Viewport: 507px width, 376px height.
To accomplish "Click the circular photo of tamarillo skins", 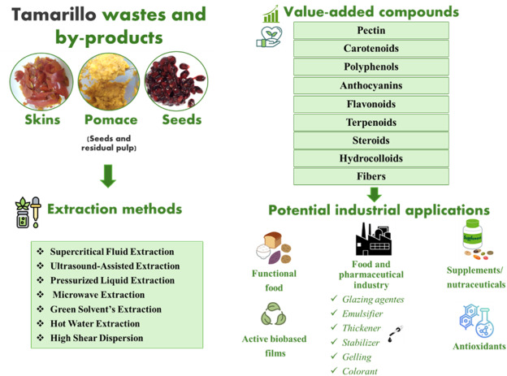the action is [x=41, y=81].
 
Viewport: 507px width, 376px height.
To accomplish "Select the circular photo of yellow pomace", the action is [x=109, y=81].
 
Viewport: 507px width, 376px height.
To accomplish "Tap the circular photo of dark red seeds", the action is [x=176, y=81].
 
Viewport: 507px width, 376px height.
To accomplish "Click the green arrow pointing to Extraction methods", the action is [x=108, y=176].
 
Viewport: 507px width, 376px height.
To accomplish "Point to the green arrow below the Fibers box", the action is [x=374, y=195].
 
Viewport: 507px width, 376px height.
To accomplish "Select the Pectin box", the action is [x=371, y=30].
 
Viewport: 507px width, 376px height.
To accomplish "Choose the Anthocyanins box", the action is [x=371, y=85].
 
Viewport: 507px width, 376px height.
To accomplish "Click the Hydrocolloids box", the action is [x=371, y=158].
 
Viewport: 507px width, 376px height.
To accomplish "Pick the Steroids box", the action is [x=371, y=140].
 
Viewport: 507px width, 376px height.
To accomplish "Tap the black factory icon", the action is [x=374, y=239].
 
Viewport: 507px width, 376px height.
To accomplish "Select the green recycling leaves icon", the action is [x=274, y=313].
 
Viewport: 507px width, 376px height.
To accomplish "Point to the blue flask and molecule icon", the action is [x=477, y=321].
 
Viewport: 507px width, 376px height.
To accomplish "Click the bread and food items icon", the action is [x=274, y=248].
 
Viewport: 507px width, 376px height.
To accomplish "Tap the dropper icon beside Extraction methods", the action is [x=36, y=212].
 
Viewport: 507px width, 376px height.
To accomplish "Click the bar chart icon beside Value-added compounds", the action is [x=271, y=15].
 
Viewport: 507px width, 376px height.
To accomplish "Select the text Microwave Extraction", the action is [x=98, y=295].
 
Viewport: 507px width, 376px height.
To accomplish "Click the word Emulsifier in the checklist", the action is [x=362, y=313].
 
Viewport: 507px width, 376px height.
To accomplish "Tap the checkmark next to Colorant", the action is [x=334, y=370].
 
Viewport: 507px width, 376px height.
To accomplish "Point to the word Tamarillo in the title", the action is [x=54, y=15].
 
